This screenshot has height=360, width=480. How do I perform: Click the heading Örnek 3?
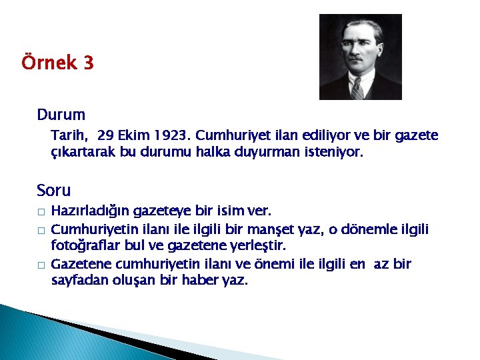point(57,64)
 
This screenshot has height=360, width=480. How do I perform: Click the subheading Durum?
point(61,115)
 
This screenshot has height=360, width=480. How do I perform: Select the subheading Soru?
point(54,191)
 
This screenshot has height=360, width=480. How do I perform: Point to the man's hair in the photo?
point(360,27)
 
